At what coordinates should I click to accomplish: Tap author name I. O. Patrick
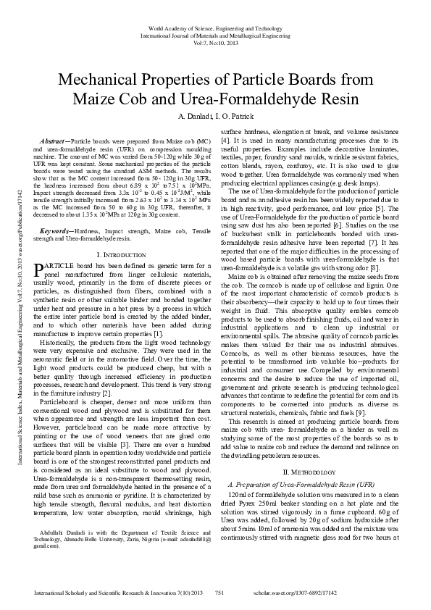[235, 116]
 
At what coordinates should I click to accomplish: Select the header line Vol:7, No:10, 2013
[215, 42]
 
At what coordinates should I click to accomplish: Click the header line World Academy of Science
[215, 25]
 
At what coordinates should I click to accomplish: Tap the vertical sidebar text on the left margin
[10, 290]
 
